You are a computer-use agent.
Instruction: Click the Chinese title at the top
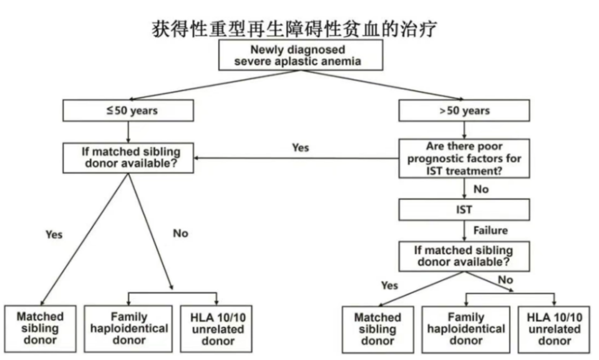[x=298, y=27]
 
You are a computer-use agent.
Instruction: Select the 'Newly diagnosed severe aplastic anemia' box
[x=298, y=56]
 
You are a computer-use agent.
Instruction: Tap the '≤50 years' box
[x=128, y=110]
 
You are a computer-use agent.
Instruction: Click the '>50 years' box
[x=464, y=110]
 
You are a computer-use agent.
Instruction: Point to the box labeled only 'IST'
[x=464, y=210]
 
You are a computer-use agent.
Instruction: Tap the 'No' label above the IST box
[x=480, y=189]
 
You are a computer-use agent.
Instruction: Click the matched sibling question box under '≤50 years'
[x=128, y=157]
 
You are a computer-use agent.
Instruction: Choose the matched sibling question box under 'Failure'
[x=464, y=255]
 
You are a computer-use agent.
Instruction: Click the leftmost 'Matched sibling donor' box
[x=41, y=327]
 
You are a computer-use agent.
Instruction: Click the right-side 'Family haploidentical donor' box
[x=465, y=329]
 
